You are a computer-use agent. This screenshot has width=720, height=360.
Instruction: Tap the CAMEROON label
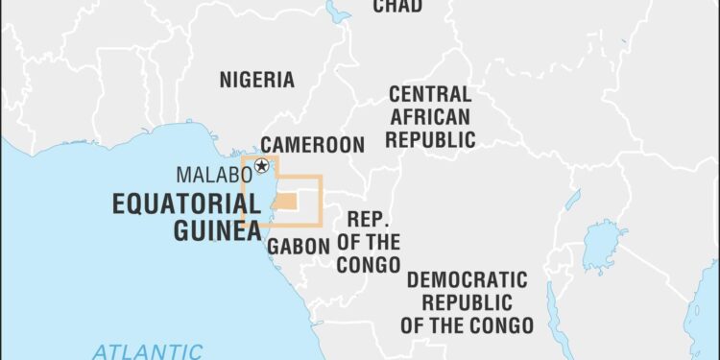[313, 146]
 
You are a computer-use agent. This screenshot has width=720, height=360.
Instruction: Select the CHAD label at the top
[397, 7]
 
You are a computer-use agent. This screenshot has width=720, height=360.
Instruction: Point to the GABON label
[299, 247]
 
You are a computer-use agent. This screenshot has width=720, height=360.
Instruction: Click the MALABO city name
[214, 175]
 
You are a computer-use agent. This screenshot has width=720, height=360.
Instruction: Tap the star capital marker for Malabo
[261, 167]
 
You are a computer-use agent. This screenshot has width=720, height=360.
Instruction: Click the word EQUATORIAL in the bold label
[185, 204]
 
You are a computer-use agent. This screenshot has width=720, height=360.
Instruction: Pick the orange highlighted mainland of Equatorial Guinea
[286, 202]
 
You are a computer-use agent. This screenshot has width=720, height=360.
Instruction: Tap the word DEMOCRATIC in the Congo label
[468, 280]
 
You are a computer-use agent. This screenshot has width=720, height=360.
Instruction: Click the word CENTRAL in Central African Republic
[429, 95]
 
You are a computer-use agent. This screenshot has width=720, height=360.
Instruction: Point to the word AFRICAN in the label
[429, 117]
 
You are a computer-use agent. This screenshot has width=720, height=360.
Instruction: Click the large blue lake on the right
[606, 245]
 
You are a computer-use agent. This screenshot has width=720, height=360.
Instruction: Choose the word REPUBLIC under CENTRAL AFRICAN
[429, 139]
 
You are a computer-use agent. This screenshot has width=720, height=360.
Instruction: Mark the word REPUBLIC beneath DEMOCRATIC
[468, 301]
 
